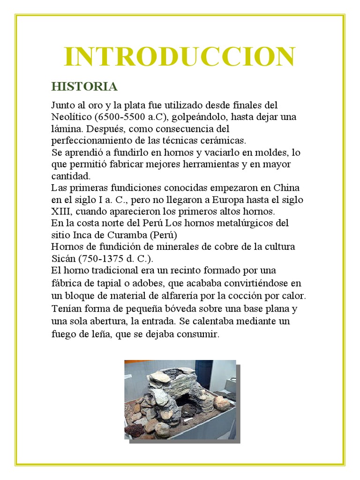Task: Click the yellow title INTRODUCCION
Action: (180, 57)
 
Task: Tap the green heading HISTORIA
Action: (84, 87)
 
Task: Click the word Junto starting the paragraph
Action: (62, 105)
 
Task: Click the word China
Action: (286, 188)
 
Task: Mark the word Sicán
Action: (63, 258)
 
